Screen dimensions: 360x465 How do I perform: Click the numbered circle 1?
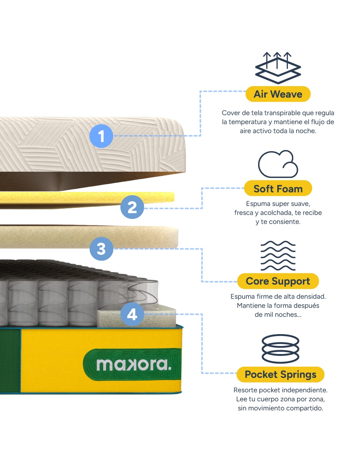pyautogui.click(x=101, y=135)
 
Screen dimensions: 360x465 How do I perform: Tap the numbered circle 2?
pyautogui.click(x=132, y=207)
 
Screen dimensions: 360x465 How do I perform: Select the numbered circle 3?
pyautogui.click(x=101, y=249)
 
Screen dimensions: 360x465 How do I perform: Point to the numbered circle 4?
pyautogui.click(x=132, y=314)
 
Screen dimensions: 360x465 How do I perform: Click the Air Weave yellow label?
pyautogui.click(x=278, y=94)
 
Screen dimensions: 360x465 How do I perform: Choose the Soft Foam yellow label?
pyautogui.click(x=278, y=188)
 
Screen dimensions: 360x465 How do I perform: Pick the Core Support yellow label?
pyautogui.click(x=278, y=281)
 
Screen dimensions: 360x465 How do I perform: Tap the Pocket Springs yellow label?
pyautogui.click(x=280, y=374)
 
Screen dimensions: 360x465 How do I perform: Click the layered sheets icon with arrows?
pyautogui.click(x=278, y=68)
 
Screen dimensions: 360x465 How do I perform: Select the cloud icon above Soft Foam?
pyautogui.click(x=278, y=164)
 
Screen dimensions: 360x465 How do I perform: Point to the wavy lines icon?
pyautogui.click(x=278, y=256)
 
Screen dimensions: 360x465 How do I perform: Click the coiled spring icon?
pyautogui.click(x=280, y=349)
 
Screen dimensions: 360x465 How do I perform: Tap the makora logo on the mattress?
pyautogui.click(x=134, y=365)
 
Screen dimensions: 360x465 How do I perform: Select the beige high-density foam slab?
pyautogui.click(x=89, y=237)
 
